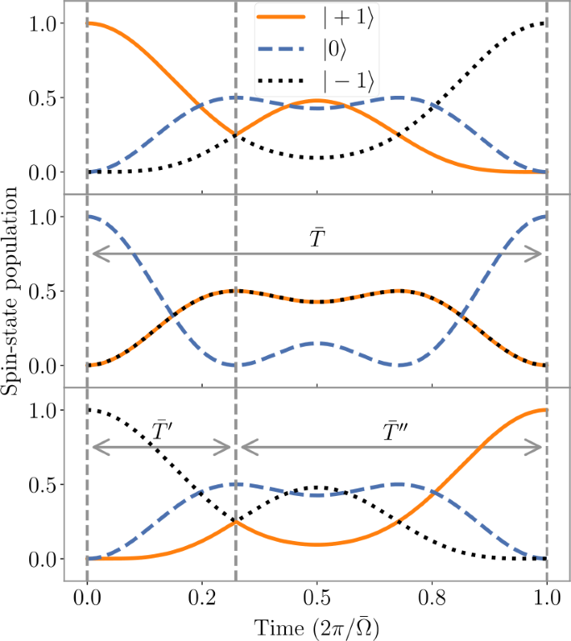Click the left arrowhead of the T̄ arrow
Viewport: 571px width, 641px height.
(94, 255)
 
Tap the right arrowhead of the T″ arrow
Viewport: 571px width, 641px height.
(539, 448)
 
